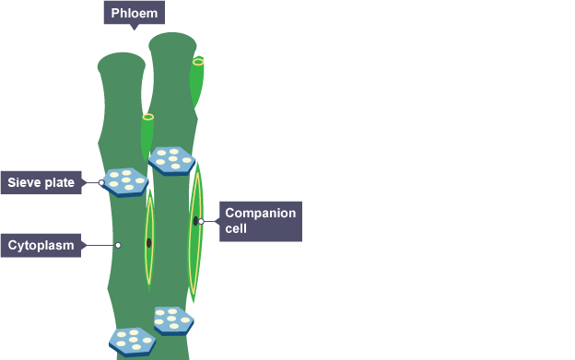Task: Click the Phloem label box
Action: point(135,13)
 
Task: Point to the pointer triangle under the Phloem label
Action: point(135,27)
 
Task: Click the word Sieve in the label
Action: point(23,182)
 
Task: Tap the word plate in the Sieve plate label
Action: point(58,182)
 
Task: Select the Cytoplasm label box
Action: point(41,246)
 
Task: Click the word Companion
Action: point(261,213)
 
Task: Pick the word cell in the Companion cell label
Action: point(236,228)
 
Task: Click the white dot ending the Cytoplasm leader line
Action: point(118,246)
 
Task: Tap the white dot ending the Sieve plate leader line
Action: point(101,182)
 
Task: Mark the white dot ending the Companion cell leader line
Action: point(201,221)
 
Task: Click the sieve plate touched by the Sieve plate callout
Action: point(125,182)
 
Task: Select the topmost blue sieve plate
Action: point(171,161)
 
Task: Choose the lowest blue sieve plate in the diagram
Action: point(133,343)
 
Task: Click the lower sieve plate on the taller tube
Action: point(174,320)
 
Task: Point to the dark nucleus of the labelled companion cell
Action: point(196,221)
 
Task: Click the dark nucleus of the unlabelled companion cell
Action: point(149,243)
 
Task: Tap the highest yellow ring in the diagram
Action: point(198,62)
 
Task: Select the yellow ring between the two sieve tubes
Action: point(148,117)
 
